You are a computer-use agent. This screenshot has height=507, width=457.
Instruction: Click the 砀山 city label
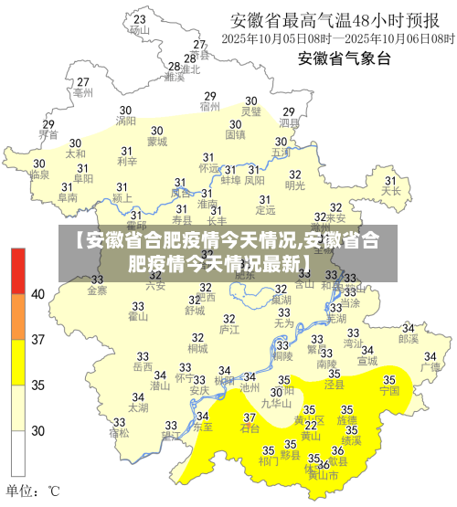pyautogui.click(x=139, y=29)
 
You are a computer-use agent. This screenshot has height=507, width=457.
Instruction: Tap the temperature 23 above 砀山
pyautogui.click(x=139, y=18)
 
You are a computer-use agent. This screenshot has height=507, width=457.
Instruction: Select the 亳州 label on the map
pyautogui.click(x=83, y=92)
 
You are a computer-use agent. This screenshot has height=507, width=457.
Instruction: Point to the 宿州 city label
pyautogui.click(x=210, y=106)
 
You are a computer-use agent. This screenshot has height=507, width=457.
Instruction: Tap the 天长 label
pyautogui.click(x=392, y=191)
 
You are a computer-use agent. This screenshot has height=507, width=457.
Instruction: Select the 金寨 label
pyautogui.click(x=97, y=290)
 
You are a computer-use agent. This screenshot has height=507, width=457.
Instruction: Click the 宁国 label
pyautogui.click(x=390, y=390)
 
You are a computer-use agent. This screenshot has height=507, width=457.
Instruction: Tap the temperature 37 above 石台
pyautogui.click(x=249, y=417)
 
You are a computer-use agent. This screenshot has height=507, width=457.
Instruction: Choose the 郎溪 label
pyautogui.click(x=409, y=338)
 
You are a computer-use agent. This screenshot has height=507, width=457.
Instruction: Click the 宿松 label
pyautogui.click(x=119, y=432)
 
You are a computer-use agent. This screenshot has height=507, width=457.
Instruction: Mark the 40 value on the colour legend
pyautogui.click(x=37, y=294)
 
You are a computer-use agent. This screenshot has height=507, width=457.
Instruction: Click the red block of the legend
pyautogui.click(x=18, y=270)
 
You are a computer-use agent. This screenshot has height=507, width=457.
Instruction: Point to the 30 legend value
pyautogui.click(x=37, y=430)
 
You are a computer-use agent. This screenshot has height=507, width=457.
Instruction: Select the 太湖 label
pyautogui.click(x=139, y=407)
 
